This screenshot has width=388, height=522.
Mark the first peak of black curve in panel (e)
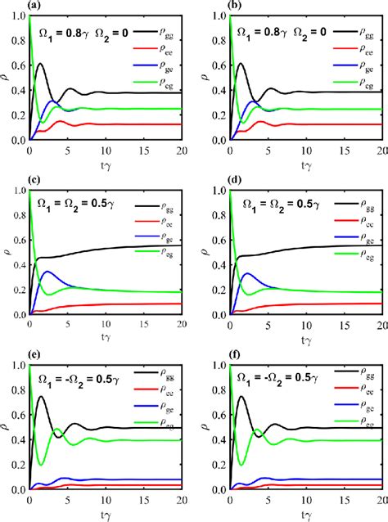[40, 397]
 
